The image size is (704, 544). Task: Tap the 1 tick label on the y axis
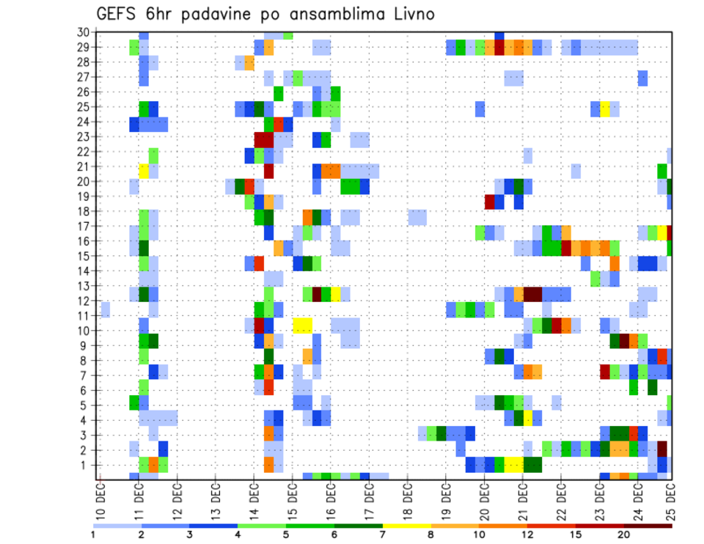coord(86,465)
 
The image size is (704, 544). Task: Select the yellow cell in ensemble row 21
coord(144,171)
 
